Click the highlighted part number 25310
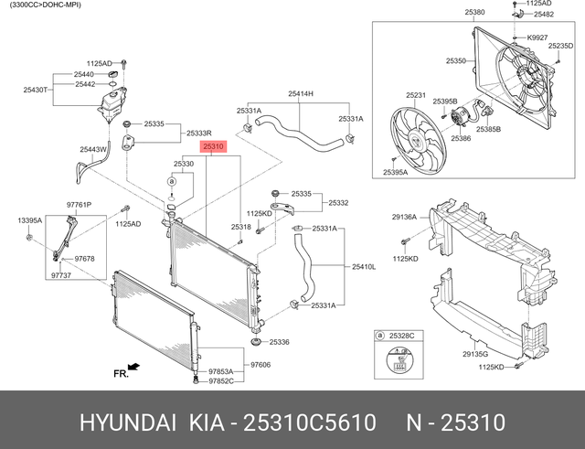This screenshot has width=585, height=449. click(x=214, y=146)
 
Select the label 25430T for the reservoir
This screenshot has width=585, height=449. click(x=37, y=90)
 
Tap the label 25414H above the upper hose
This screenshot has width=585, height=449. click(x=301, y=94)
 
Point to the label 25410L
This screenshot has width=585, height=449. click(x=364, y=266)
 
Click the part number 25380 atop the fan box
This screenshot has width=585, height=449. click(x=474, y=13)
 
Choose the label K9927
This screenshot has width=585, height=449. click(x=537, y=37)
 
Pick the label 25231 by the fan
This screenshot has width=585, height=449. click(x=416, y=95)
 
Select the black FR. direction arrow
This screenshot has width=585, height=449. click(x=133, y=367)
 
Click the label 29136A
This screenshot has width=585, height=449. click(x=404, y=218)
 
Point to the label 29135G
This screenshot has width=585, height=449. click(x=474, y=354)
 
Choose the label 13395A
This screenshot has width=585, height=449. click(x=29, y=220)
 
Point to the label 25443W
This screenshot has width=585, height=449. click(x=93, y=149)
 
